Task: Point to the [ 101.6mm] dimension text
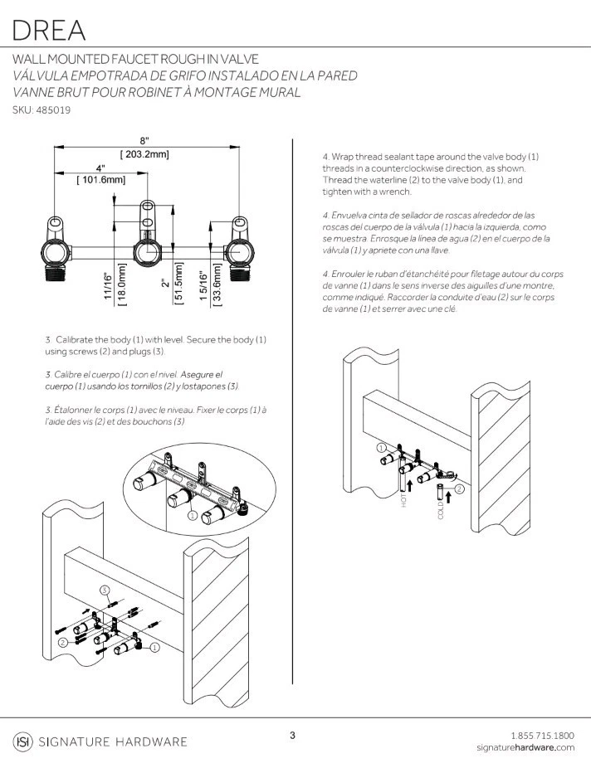pyautogui.click(x=100, y=179)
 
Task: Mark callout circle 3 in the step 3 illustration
pyautogui.click(x=105, y=590)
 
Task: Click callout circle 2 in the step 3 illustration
pyautogui.click(x=62, y=642)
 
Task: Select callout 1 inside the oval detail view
pyautogui.click(x=192, y=515)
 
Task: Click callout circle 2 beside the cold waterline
pyautogui.click(x=459, y=489)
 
